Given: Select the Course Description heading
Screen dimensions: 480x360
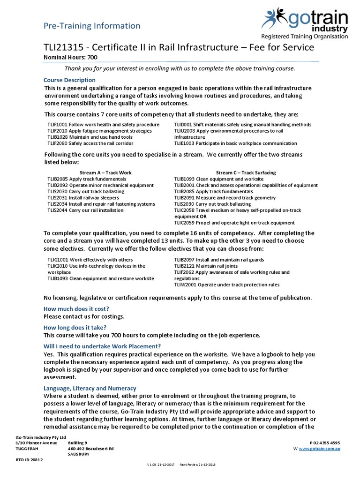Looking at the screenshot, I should [x=69, y=80].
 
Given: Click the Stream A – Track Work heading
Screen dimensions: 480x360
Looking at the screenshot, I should [x=105, y=172].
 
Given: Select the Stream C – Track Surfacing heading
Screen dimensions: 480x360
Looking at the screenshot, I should [x=246, y=172].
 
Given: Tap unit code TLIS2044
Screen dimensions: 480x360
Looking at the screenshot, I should [x=57, y=210].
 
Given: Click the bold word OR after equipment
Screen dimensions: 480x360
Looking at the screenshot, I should [x=203, y=217].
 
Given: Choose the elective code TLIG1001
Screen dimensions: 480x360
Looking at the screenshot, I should [x=58, y=260].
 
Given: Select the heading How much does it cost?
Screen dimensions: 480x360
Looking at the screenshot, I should [x=76, y=309].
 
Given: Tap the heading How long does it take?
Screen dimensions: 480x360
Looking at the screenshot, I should [x=75, y=327].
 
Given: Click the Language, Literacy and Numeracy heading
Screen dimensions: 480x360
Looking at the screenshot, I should [x=90, y=388].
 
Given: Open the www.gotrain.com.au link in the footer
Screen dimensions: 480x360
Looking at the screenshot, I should [x=319, y=449].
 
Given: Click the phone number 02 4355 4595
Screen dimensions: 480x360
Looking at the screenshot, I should [x=327, y=442].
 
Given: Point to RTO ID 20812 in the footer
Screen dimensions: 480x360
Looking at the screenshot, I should [x=29, y=460].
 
